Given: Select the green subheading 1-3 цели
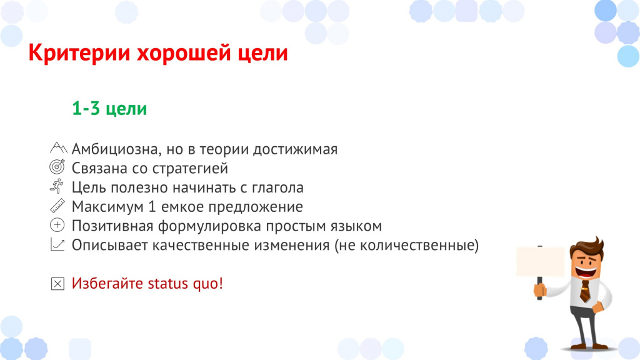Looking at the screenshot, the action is click(109, 109).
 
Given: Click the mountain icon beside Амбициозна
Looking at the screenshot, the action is click(58, 147).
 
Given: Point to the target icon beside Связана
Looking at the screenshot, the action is click(57, 166).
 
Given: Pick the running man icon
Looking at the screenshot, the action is click(57, 186).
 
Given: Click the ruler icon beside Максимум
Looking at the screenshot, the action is click(57, 205).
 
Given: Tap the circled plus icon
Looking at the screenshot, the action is click(57, 225).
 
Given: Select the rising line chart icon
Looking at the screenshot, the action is click(57, 244).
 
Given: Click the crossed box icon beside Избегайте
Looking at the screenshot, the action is click(57, 284).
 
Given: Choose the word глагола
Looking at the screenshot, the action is click(277, 187).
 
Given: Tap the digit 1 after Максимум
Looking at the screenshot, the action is click(152, 206).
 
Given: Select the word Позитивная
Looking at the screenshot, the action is click(112, 226).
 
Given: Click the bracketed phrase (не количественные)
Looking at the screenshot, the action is click(406, 245).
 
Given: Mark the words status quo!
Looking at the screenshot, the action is click(185, 283).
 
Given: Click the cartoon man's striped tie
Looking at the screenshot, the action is click(585, 291).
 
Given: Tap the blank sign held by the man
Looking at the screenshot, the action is click(540, 261).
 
